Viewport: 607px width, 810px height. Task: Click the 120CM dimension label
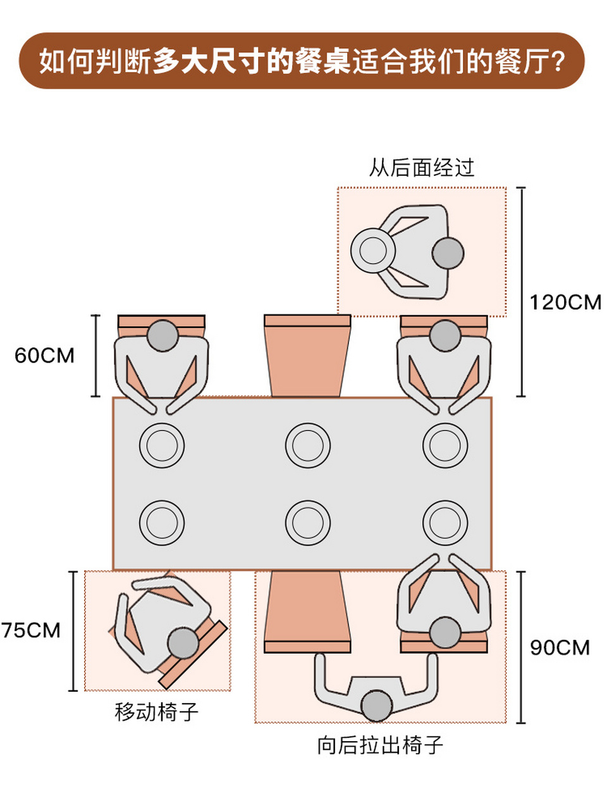(565, 302)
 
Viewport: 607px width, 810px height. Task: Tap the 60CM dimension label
(44, 356)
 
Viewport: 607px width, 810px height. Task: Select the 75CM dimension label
(32, 630)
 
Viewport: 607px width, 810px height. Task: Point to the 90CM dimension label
(559, 647)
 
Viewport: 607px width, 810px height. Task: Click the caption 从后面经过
(422, 168)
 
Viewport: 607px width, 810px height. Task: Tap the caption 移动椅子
(157, 712)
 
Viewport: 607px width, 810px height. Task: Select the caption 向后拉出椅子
(380, 745)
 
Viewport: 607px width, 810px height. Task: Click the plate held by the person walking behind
(373, 251)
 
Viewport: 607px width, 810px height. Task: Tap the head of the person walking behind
(448, 253)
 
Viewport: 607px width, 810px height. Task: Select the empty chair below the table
(307, 611)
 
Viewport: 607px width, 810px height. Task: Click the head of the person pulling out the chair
(376, 706)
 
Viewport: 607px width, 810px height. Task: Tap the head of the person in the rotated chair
(183, 644)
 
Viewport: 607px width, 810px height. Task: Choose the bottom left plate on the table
(162, 523)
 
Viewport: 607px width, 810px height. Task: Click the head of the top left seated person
(162, 335)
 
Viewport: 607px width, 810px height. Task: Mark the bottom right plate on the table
(445, 523)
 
